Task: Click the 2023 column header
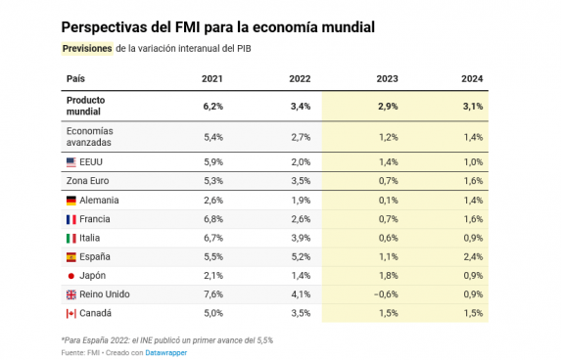(387, 78)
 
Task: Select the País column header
(75, 78)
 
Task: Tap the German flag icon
(71, 201)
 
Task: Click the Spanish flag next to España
(71, 256)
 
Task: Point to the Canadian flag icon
(71, 313)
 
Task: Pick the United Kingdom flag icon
(71, 294)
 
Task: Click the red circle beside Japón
(71, 276)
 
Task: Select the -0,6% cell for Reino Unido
(386, 294)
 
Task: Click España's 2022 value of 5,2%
(301, 256)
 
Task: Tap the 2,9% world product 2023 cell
(388, 107)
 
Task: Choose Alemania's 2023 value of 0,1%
(388, 201)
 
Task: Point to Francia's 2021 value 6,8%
(213, 219)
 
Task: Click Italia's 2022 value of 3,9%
(301, 238)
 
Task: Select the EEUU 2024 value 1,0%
(473, 162)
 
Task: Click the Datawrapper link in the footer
(166, 353)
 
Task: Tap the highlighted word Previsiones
(87, 48)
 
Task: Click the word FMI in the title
(187, 27)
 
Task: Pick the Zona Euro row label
(88, 181)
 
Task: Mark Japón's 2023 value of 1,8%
(388, 276)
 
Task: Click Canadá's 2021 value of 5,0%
(213, 313)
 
